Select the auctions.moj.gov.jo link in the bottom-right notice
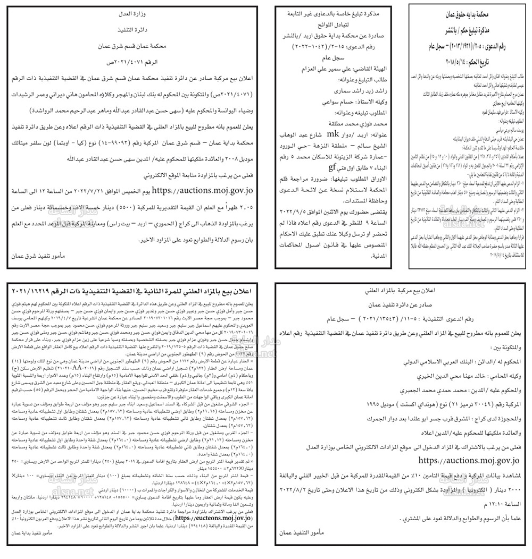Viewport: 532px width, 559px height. (x=468, y=460)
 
